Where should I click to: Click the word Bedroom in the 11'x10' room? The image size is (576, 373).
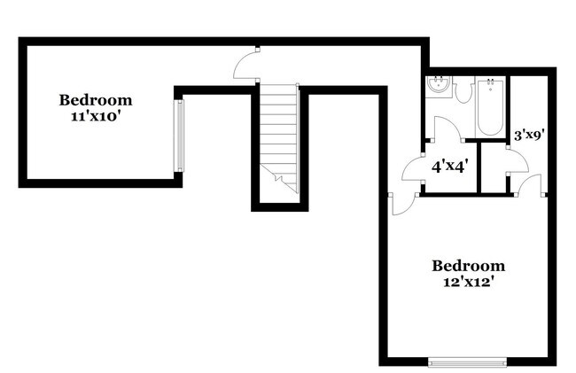pyautogui.click(x=96, y=99)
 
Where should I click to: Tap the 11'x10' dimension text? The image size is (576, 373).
pyautogui.click(x=96, y=115)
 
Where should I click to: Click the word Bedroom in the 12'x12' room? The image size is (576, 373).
pyautogui.click(x=468, y=265)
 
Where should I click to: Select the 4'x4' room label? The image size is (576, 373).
pyautogui.click(x=449, y=165)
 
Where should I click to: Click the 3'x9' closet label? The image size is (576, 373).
pyautogui.click(x=529, y=136)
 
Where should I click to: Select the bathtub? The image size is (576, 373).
pyautogui.click(x=490, y=107)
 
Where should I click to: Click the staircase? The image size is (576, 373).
pyautogui.click(x=279, y=133)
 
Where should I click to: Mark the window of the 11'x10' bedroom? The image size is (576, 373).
pyautogui.click(x=179, y=136)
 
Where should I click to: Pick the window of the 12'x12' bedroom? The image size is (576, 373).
pyautogui.click(x=467, y=361)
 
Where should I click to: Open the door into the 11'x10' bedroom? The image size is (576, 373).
pyautogui.click(x=245, y=66)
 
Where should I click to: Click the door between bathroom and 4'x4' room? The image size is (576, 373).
pyautogui.click(x=448, y=130)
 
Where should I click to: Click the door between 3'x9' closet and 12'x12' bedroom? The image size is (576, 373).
pyautogui.click(x=530, y=183)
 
